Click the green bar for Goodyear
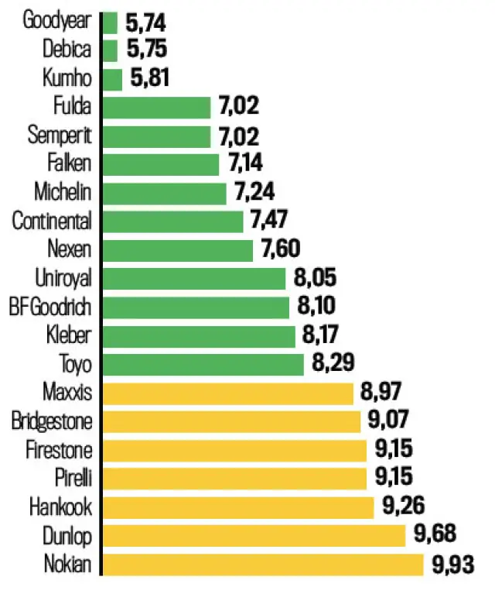coord(110,22)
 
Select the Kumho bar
coord(112,79)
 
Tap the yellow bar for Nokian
coord(263,565)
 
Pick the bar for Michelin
coord(164,193)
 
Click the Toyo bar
coord(203,364)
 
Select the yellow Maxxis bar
coord(228,393)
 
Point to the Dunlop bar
coord(254,536)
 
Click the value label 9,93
coord(450,565)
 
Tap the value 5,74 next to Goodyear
coord(145,22)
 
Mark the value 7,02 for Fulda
coord(237,108)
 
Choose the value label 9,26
coord(404,507)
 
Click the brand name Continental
coord(52,221)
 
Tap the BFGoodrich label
coord(50,307)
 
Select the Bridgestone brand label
coord(52,421)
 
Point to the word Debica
coord(67,50)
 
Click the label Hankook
coord(60,507)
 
